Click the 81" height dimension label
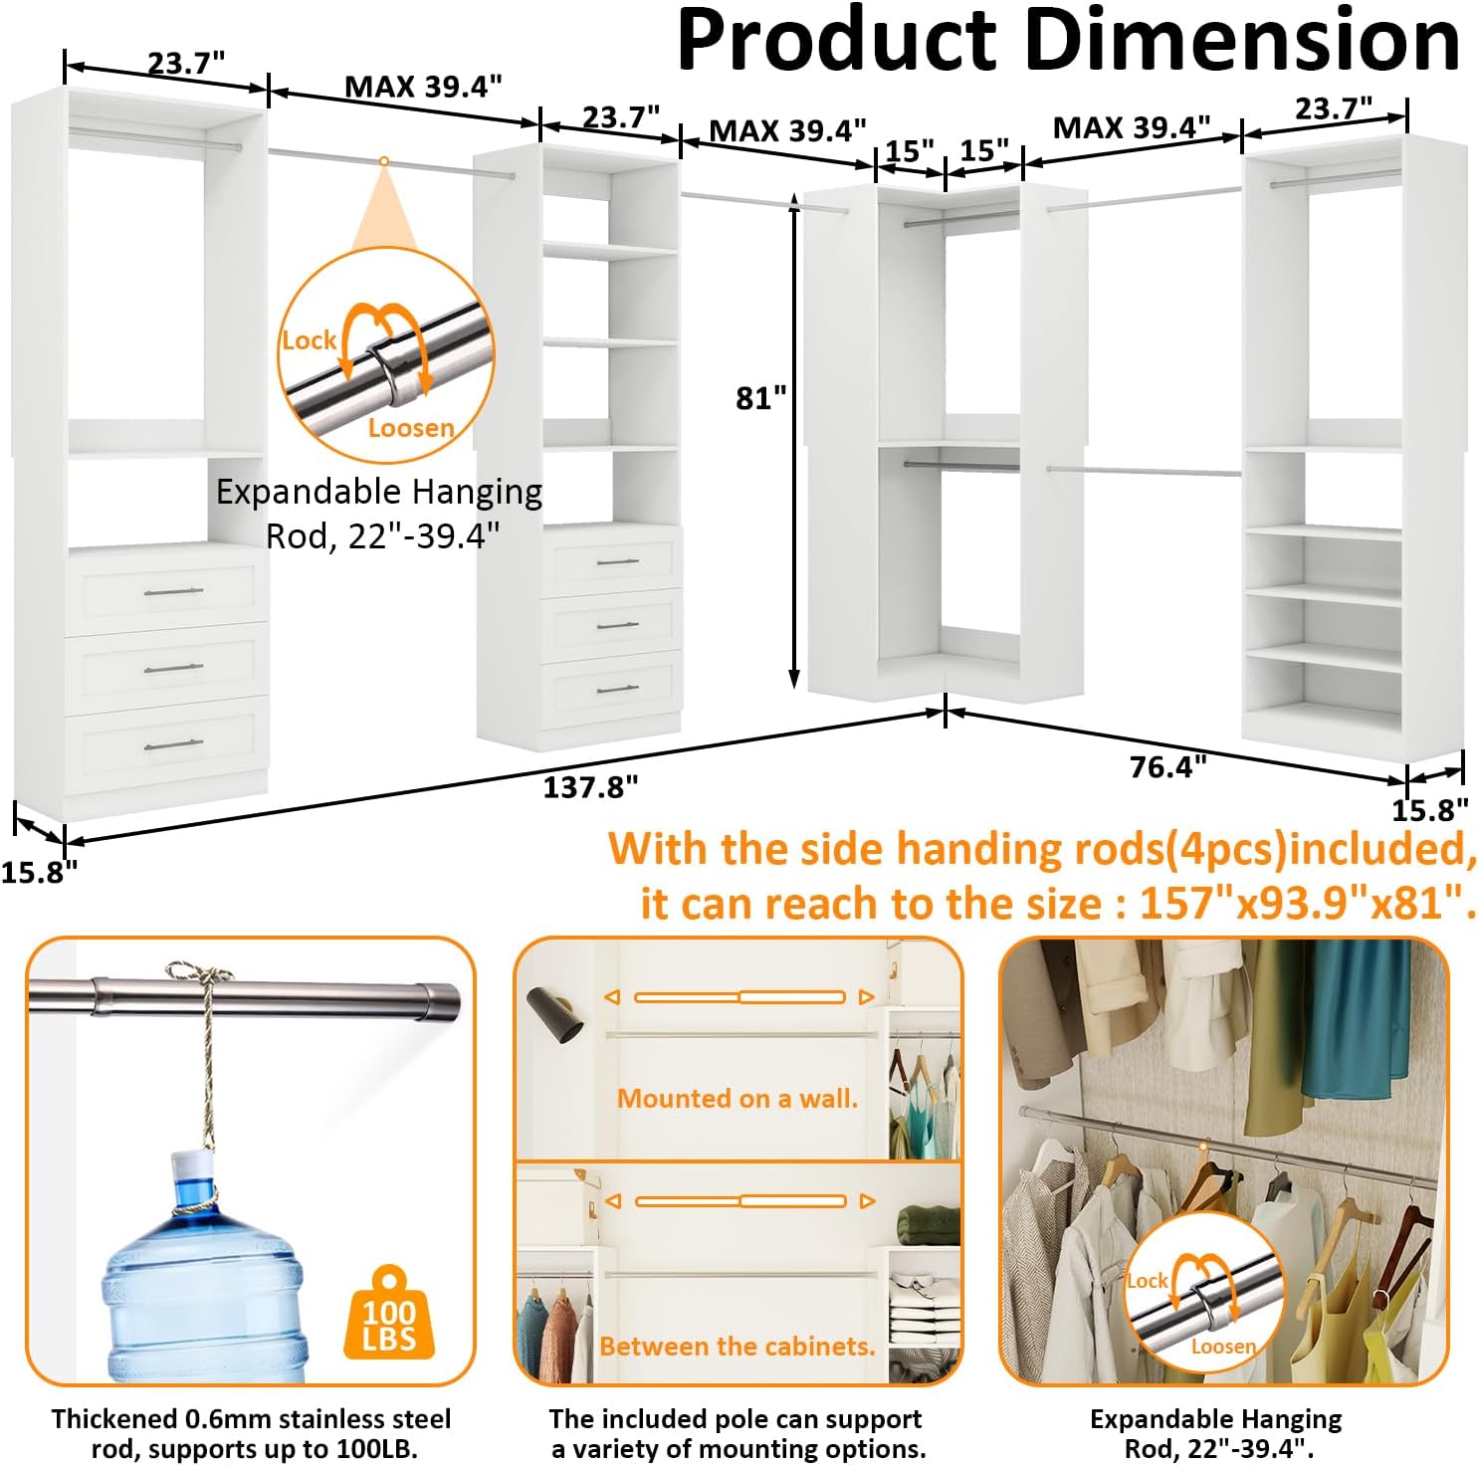[x=760, y=398]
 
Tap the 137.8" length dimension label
[x=590, y=787]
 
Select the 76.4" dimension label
[x=1167, y=766]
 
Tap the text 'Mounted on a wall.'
[x=738, y=1099]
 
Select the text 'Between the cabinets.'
[x=737, y=1347]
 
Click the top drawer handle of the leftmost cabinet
[x=173, y=593]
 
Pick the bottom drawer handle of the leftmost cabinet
[x=173, y=744]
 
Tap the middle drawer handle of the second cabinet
[x=617, y=626]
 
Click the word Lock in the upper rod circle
[x=309, y=340]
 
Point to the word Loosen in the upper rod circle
[x=411, y=428]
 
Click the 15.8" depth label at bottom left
[x=38, y=873]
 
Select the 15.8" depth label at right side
[x=1429, y=810]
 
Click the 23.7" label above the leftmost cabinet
[x=186, y=63]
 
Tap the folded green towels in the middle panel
[x=928, y=1224]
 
